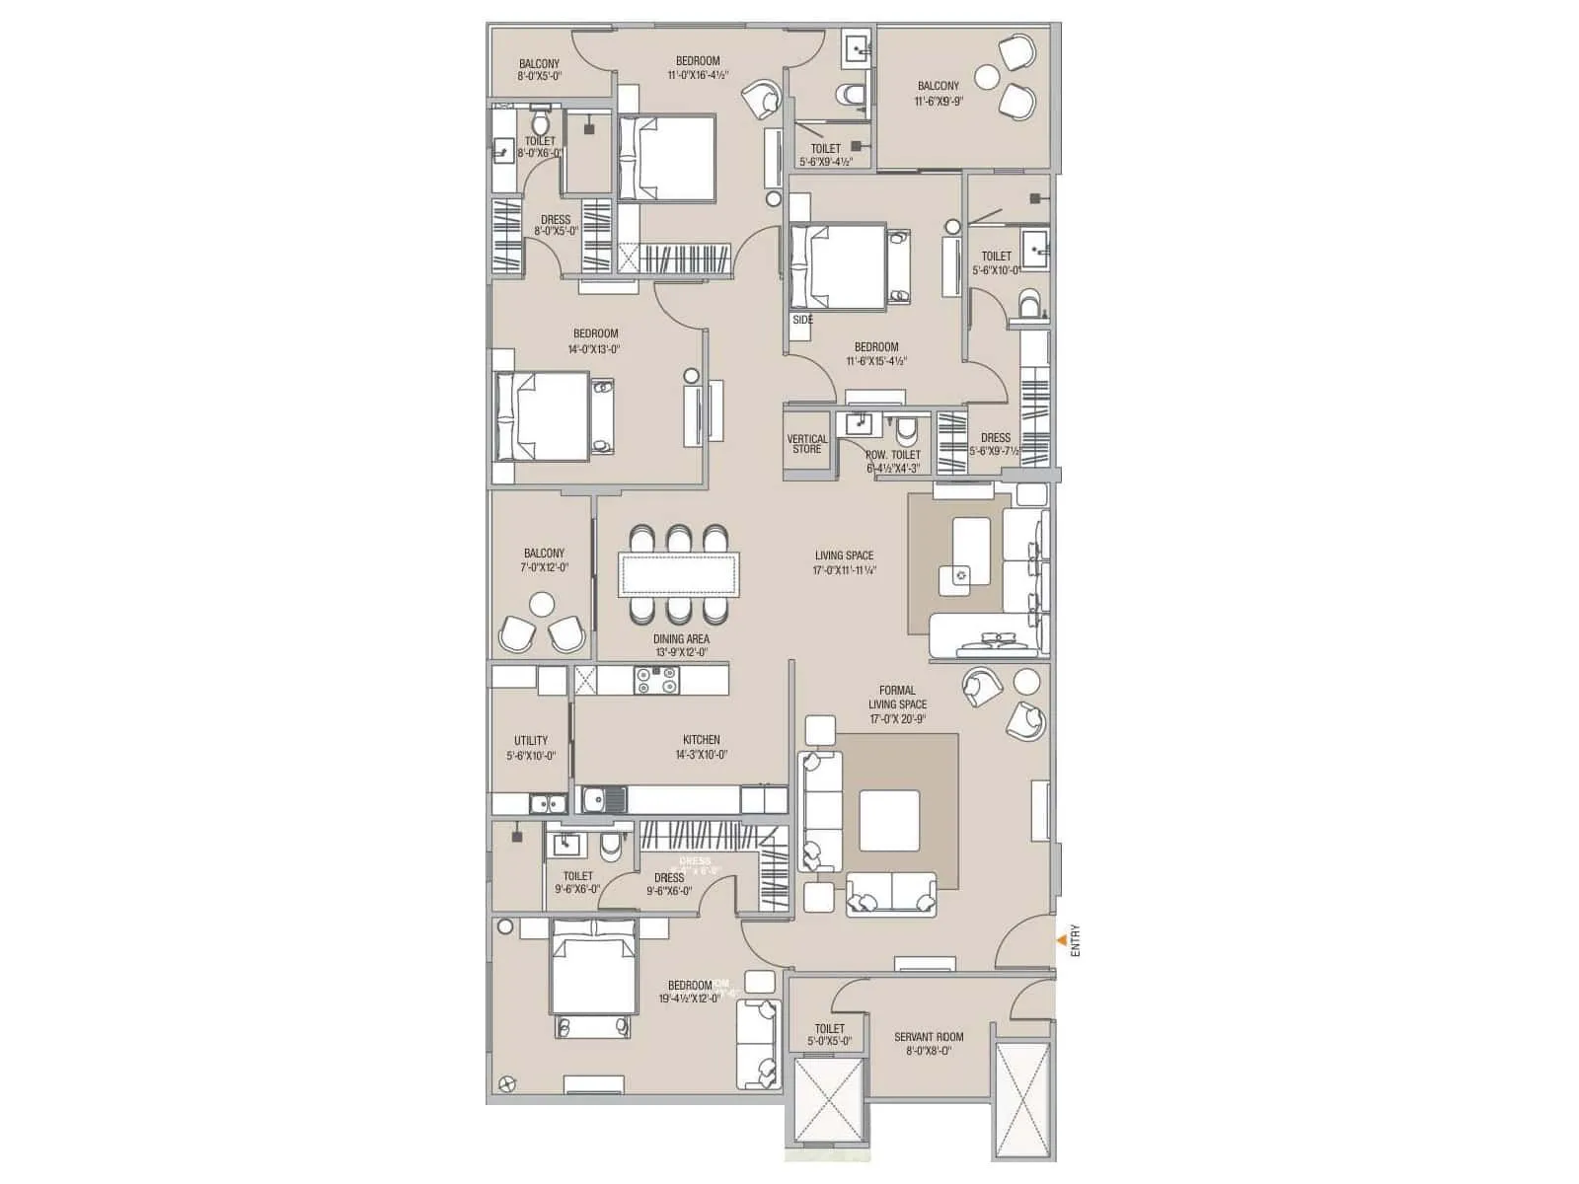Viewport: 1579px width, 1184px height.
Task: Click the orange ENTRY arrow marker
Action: click(1061, 940)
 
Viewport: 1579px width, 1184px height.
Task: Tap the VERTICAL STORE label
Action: click(806, 444)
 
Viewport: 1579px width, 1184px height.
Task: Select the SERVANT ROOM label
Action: click(929, 1044)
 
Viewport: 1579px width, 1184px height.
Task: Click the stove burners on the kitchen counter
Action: click(656, 680)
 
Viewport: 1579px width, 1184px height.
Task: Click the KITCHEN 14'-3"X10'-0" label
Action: click(701, 747)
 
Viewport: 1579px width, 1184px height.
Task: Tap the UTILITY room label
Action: click(531, 748)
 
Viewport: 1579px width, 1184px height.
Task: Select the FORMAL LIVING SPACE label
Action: click(897, 704)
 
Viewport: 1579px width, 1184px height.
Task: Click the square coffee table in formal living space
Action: click(888, 821)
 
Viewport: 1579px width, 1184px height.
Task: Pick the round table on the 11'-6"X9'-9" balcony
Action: click(988, 76)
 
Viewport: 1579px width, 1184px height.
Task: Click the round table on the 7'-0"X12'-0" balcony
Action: click(541, 604)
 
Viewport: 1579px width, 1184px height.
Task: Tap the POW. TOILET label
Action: click(892, 461)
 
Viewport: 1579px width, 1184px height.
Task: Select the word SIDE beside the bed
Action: click(802, 320)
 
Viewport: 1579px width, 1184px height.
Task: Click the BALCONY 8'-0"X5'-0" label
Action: click(539, 70)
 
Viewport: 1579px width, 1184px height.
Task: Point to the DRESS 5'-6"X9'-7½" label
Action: click(995, 444)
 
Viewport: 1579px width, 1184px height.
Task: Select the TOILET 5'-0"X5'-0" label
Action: click(829, 1035)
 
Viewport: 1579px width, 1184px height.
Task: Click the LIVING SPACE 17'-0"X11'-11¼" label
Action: click(845, 562)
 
